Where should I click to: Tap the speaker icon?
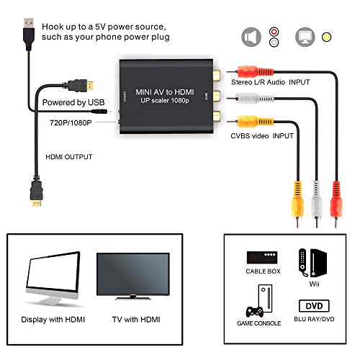(x=249, y=35)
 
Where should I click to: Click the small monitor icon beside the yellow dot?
(x=305, y=35)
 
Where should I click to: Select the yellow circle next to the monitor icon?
(x=327, y=36)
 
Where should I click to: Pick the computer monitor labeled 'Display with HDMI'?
(x=53, y=281)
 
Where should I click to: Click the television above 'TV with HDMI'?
(x=127, y=278)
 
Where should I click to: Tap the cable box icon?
(x=263, y=257)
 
